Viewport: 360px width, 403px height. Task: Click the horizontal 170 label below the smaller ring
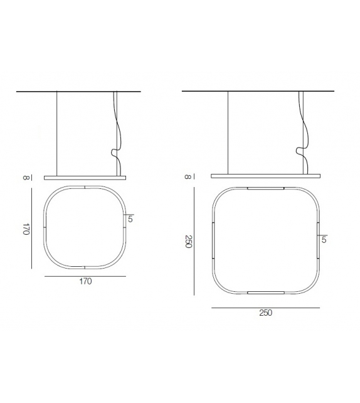(85, 282)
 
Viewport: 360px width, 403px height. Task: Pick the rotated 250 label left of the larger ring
(188, 242)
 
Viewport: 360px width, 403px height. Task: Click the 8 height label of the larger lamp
(188, 176)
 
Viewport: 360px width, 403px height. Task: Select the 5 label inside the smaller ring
(130, 219)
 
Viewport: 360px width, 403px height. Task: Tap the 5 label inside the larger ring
(324, 240)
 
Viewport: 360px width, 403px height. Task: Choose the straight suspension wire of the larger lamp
(228, 132)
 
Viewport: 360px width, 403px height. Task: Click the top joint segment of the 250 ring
(266, 188)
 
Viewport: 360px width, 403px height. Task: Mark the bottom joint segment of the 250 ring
(266, 293)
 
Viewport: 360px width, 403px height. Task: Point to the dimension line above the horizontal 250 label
(265, 308)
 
